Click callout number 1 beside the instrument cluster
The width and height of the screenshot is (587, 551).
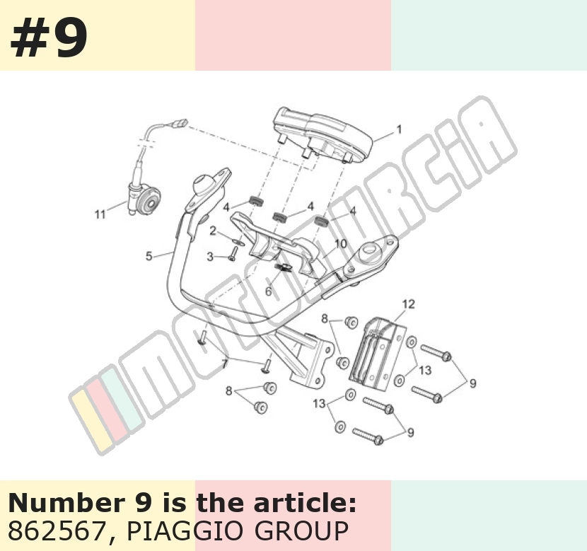399,129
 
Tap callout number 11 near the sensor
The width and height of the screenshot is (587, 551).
100,214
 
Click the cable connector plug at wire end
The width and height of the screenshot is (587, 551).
179,123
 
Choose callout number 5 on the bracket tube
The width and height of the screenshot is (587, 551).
149,257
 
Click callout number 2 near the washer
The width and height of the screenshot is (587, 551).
213,231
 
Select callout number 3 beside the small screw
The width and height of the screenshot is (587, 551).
210,257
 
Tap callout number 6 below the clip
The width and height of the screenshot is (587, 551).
269,291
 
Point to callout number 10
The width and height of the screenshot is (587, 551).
341,244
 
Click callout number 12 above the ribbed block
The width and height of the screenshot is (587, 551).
409,304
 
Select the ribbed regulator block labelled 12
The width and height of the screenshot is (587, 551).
377,351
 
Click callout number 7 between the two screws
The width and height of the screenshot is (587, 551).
224,364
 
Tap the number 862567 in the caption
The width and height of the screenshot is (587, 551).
55,530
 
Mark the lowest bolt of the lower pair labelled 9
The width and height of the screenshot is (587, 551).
368,436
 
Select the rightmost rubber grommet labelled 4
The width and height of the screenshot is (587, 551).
321,221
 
